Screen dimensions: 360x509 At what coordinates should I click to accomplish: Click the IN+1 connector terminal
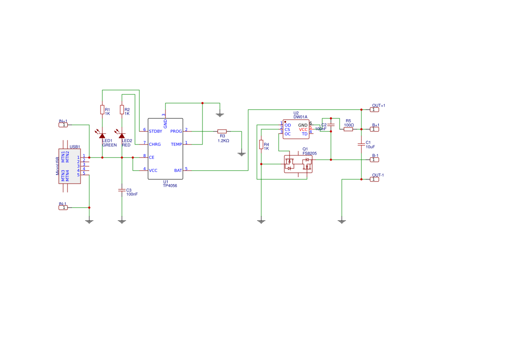coord(64,125)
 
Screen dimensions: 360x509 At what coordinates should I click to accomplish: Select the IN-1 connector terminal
coord(64,208)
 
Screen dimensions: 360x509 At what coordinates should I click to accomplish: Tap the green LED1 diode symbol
coord(102,136)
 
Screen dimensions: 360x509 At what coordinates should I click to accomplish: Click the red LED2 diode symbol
coord(122,136)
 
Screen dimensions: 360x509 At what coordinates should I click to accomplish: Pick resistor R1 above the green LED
coord(102,110)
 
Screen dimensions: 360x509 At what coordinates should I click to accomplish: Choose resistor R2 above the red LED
coord(122,110)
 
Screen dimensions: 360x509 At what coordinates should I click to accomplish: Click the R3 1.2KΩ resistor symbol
coord(222,131)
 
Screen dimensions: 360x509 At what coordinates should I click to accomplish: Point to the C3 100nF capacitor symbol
coord(122,190)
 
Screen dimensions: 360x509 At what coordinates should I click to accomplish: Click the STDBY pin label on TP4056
coord(155,131)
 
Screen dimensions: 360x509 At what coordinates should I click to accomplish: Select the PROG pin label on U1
coord(176,131)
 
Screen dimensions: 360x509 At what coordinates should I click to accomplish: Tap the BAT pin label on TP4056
coord(178,171)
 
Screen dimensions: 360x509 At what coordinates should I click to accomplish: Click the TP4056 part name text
coord(170,185)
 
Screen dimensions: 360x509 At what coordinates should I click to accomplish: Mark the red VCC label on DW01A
coord(303,130)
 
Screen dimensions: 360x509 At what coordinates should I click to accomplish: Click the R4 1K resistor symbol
coord(261,145)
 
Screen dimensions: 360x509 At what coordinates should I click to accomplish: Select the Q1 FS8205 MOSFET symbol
coord(298,164)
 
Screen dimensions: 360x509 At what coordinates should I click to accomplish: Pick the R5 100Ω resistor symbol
coord(348,129)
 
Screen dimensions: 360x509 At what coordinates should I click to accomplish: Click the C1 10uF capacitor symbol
coord(361,144)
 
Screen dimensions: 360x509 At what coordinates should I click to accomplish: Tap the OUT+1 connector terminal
coord(374,109)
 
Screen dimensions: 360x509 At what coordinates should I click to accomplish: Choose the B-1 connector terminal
coord(374,160)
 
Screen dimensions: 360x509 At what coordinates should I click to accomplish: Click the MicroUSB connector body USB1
coord(70,166)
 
